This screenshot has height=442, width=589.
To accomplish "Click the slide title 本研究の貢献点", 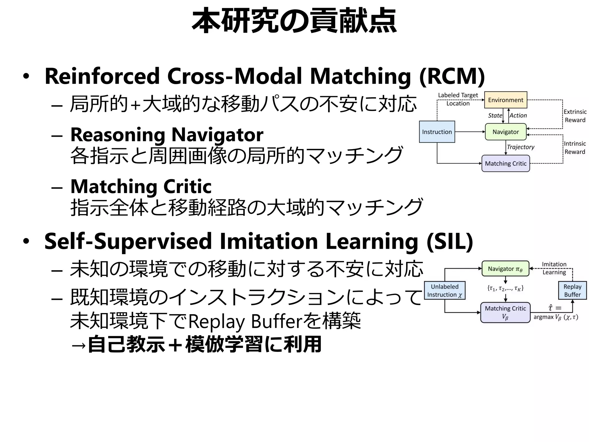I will click(x=294, y=21).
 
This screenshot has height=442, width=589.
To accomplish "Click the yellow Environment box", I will click(x=506, y=100).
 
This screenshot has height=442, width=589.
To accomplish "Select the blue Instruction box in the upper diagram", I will click(x=437, y=132).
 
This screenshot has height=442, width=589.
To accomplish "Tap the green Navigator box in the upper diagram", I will click(x=506, y=132).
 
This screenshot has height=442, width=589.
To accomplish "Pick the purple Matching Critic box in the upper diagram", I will click(x=506, y=163).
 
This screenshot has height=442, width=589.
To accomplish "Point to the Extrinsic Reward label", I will click(x=575, y=116).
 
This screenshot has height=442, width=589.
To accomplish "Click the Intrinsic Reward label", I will click(x=575, y=147).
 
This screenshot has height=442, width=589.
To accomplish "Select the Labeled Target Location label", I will click(x=458, y=99).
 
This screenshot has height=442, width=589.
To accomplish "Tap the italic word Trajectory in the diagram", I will click(x=520, y=147).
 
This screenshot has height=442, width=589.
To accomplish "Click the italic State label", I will click(x=495, y=115).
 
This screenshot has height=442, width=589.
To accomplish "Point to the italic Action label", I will click(x=518, y=115).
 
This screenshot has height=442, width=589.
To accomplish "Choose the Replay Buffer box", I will click(x=572, y=290).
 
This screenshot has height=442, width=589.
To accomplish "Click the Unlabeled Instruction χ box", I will click(x=445, y=290).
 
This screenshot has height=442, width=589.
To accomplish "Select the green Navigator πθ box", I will click(x=505, y=269).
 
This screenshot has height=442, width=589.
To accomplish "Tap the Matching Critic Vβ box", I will click(x=505, y=312).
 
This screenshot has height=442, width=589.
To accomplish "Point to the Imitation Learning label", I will click(x=554, y=268).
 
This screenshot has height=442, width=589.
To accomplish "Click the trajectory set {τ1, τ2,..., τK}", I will click(x=505, y=288).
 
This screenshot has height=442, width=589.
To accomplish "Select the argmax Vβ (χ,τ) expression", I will click(x=556, y=317).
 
